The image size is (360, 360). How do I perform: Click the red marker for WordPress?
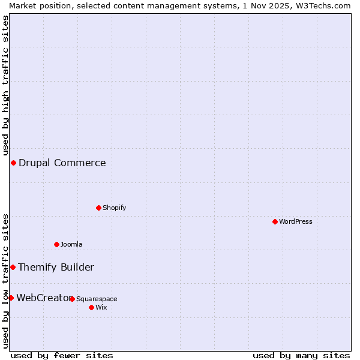[275, 221]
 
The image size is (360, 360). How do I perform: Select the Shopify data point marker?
[98, 208]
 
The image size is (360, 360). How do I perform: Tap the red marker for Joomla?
[56, 244]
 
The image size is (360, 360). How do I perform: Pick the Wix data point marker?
[91, 307]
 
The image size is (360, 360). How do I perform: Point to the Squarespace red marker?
[72, 299]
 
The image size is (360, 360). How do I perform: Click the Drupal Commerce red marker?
[13, 163]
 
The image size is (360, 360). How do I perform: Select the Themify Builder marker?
[13, 267]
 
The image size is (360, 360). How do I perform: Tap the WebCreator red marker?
[11, 298]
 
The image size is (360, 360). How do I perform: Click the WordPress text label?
[296, 221]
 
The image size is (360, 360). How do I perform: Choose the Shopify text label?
[114, 208]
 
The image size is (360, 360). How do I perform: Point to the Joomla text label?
[71, 244]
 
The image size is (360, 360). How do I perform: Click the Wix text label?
[101, 307]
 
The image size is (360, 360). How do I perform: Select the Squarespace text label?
[97, 299]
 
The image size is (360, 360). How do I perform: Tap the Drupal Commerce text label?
[62, 163]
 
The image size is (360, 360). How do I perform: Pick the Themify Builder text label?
[56, 267]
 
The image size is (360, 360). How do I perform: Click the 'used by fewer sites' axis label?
[62, 355]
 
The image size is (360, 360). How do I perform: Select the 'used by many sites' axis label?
[301, 355]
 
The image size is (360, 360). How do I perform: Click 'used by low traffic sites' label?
[5, 281]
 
